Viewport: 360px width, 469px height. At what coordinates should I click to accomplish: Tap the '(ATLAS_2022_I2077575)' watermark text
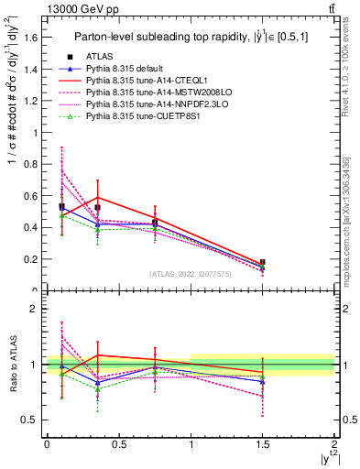[x=191, y=274]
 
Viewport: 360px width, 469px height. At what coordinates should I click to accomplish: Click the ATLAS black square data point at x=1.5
[x=263, y=263]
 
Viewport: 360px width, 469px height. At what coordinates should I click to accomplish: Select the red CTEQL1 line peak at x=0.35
[x=97, y=197]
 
